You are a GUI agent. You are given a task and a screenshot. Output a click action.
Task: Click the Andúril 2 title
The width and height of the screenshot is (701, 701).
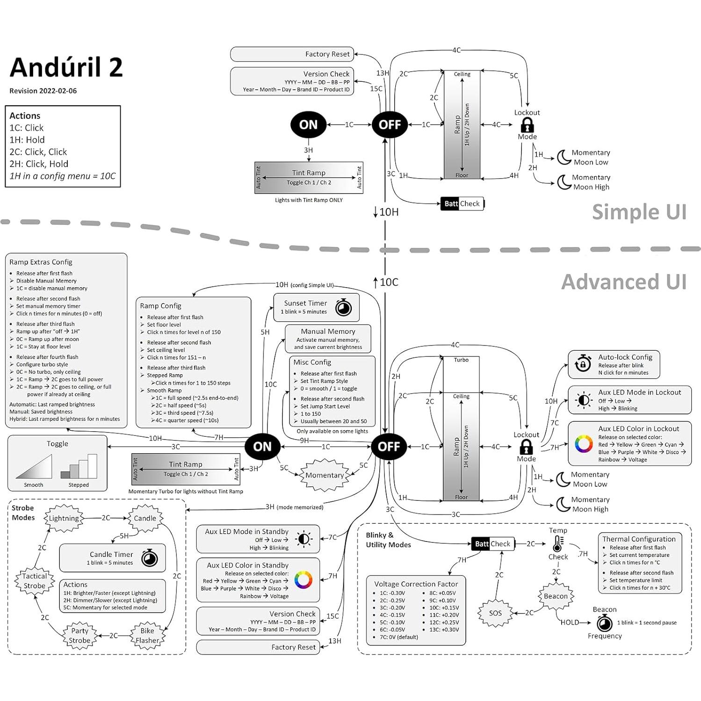point(66,67)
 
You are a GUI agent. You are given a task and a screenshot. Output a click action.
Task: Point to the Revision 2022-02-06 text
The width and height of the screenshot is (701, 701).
point(43,91)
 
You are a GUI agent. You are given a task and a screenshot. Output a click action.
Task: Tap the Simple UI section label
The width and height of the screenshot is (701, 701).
point(639,212)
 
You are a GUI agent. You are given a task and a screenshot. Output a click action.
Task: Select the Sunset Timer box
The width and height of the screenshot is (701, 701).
point(316,307)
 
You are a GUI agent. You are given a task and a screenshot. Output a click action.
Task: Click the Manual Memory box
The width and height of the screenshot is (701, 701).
point(328,339)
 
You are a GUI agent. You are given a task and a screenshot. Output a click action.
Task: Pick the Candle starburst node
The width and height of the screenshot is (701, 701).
point(145,518)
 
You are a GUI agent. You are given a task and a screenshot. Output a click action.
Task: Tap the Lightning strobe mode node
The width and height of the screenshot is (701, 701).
point(64,518)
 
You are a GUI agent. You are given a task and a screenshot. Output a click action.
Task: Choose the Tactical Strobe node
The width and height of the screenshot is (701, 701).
point(35,581)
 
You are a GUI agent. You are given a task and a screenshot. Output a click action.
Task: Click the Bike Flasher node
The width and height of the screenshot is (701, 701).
point(147,636)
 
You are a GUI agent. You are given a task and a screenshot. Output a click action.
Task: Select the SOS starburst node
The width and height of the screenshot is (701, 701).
point(495,613)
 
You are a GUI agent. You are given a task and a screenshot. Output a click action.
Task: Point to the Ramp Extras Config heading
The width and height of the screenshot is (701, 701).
point(41,262)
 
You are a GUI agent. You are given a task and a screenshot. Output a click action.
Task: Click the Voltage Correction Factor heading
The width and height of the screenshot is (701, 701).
point(416,584)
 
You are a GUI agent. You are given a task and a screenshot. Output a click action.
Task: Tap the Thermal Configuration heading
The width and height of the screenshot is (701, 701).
point(639,539)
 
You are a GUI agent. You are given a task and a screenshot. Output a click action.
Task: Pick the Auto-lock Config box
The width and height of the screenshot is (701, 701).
point(614,364)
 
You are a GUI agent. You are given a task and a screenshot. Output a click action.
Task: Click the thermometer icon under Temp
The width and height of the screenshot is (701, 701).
point(557,544)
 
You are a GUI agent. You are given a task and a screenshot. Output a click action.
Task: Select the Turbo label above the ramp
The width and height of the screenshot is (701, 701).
point(461,360)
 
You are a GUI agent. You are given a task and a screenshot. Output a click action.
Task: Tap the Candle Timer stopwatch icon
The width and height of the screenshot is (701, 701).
point(150,558)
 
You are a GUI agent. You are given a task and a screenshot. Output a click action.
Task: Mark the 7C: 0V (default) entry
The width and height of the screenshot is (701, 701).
point(398,637)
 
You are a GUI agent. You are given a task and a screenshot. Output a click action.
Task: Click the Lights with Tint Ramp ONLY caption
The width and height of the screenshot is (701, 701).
point(309,200)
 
